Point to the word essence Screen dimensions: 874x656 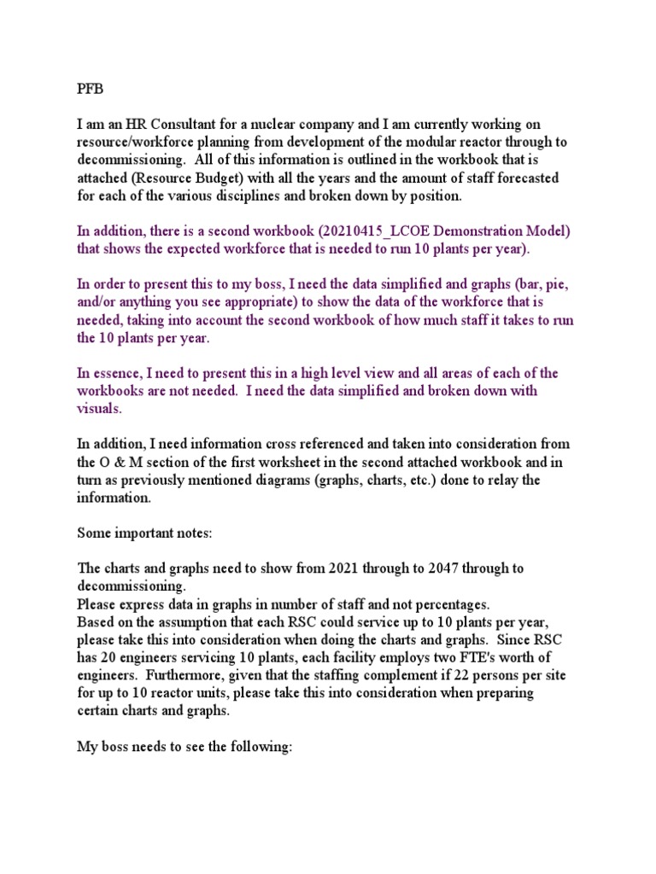[117, 373]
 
